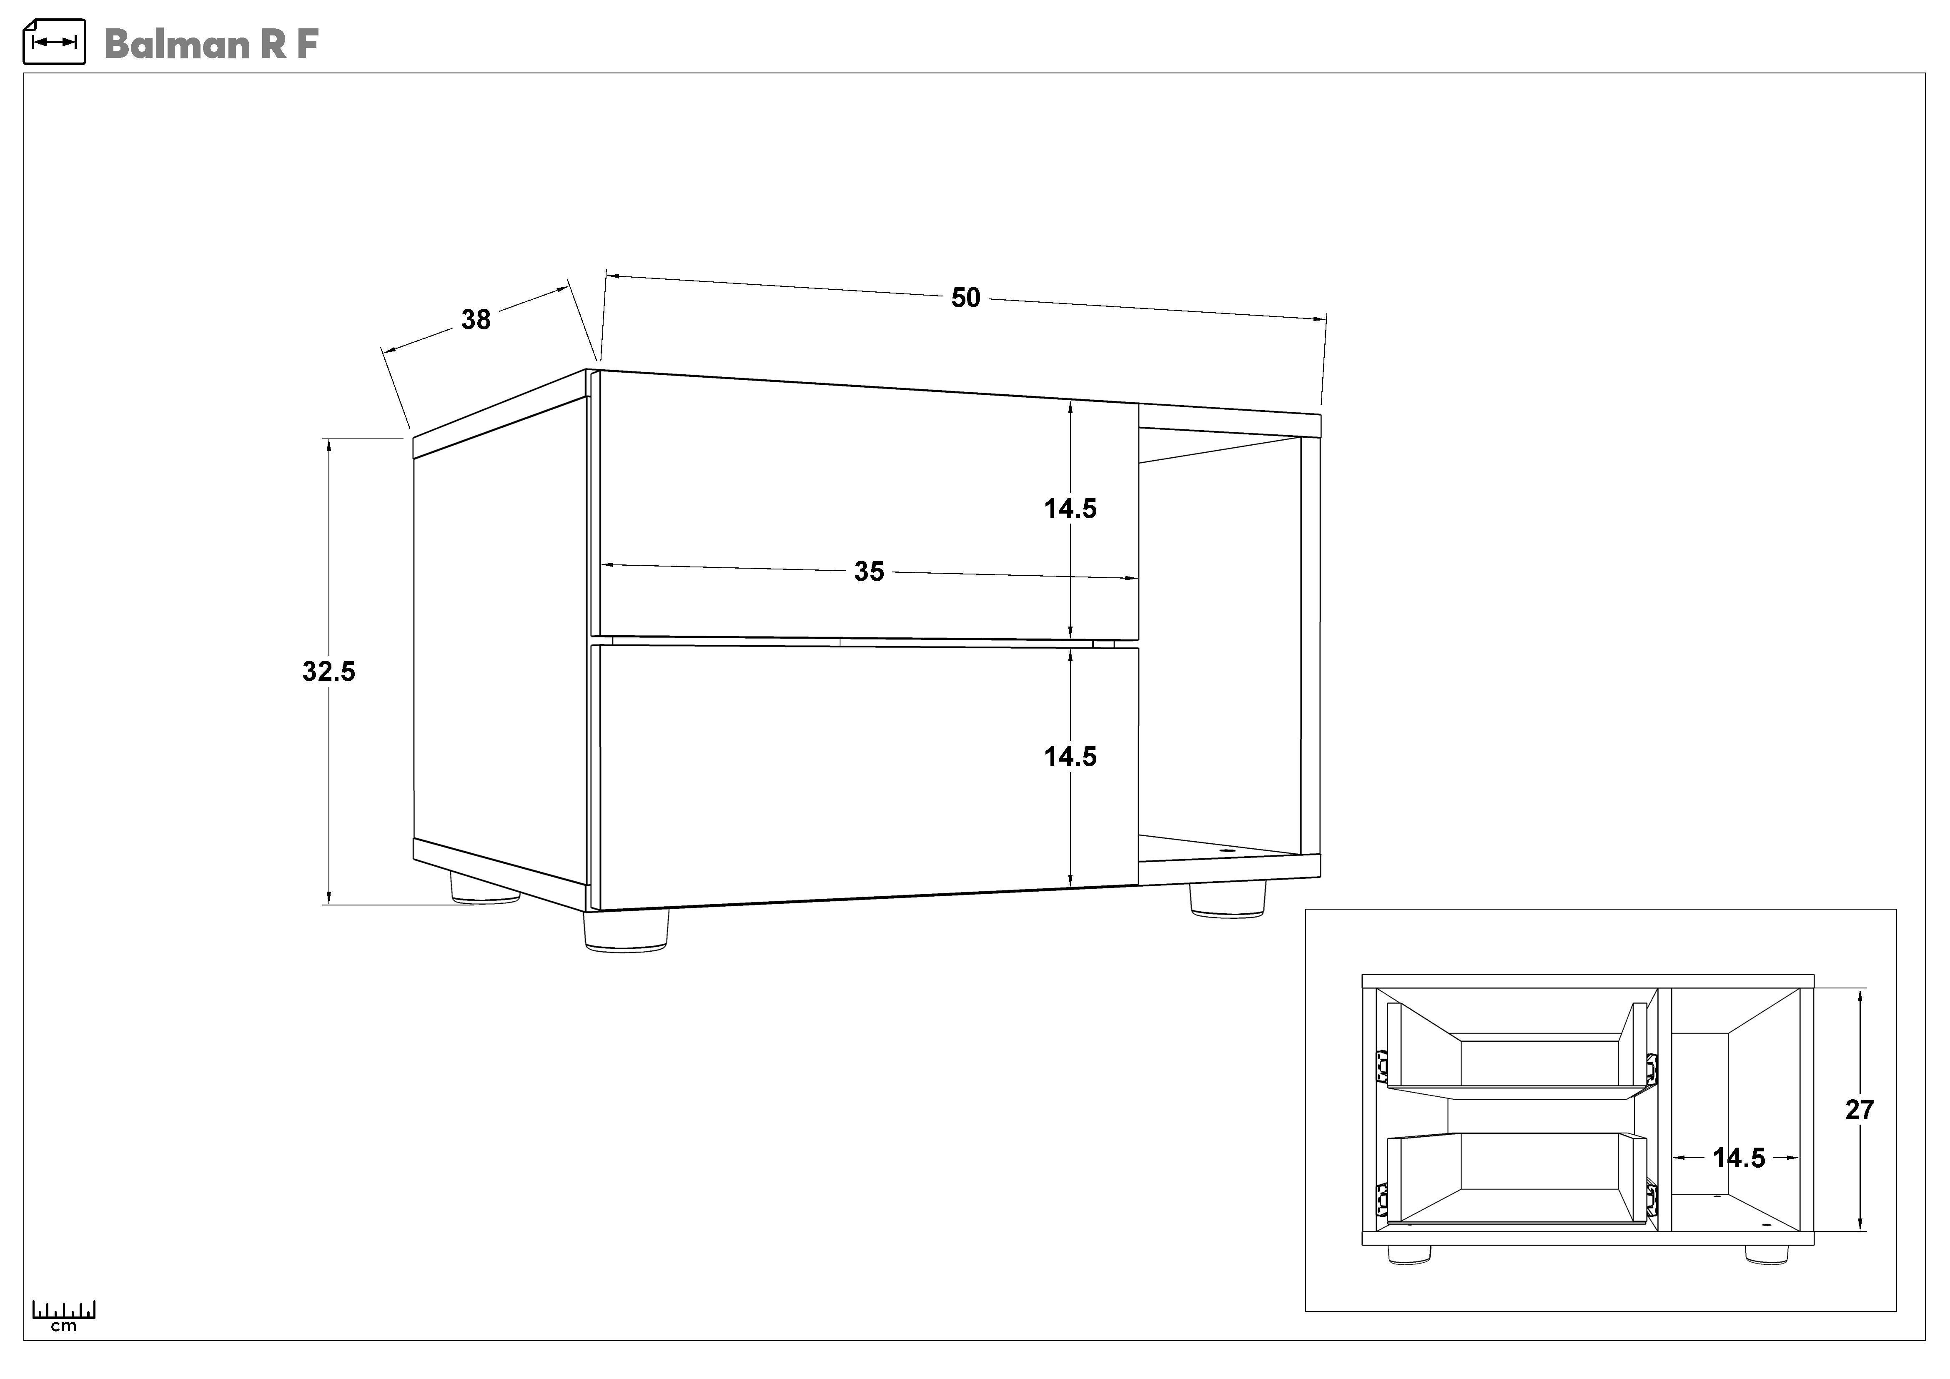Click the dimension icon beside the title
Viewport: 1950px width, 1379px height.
tap(54, 42)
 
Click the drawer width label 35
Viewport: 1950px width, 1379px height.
tap(869, 572)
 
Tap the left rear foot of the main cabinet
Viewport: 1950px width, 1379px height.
tap(485, 888)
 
